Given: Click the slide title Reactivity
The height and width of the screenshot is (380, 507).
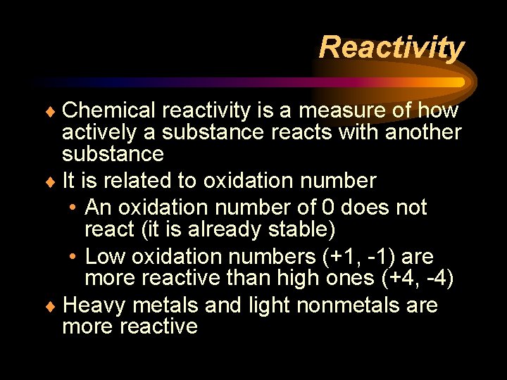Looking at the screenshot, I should pyautogui.click(x=392, y=48).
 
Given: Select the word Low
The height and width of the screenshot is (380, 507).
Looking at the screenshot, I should pyautogui.click(x=104, y=257).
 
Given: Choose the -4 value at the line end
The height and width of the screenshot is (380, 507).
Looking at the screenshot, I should pyautogui.click(x=439, y=279).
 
